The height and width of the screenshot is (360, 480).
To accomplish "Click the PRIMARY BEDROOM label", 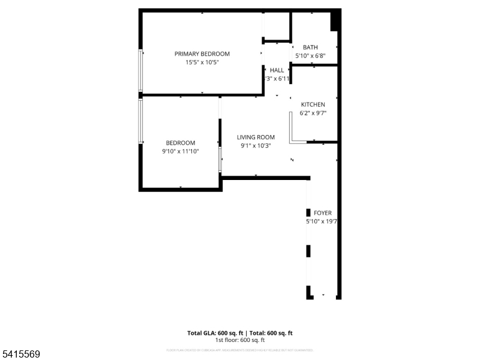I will (x=202, y=54).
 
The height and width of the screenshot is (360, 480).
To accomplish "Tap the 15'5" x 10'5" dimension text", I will (x=202, y=62).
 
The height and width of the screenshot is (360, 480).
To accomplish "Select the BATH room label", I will (x=310, y=47).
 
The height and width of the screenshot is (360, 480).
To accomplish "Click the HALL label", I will (x=277, y=70).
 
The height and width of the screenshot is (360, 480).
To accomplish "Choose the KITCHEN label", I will (x=313, y=104).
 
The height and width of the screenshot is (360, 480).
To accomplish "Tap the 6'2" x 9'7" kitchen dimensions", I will (x=313, y=113).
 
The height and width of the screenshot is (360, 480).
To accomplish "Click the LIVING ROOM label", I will (x=256, y=137).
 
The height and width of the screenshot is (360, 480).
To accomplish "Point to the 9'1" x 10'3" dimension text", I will (x=255, y=145).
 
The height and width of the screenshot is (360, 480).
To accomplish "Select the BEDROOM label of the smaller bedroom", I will (x=181, y=143).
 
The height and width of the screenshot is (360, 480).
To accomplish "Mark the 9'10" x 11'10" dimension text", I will (x=180, y=151).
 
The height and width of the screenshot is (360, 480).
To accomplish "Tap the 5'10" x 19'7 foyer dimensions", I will (x=319, y=221).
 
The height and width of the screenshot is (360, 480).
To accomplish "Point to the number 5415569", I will (x=20, y=355).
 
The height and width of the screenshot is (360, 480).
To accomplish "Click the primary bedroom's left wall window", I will (x=141, y=70).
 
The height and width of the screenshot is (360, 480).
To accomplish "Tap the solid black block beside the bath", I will (x=335, y=20).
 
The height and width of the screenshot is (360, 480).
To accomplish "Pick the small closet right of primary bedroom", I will (x=277, y=26).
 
